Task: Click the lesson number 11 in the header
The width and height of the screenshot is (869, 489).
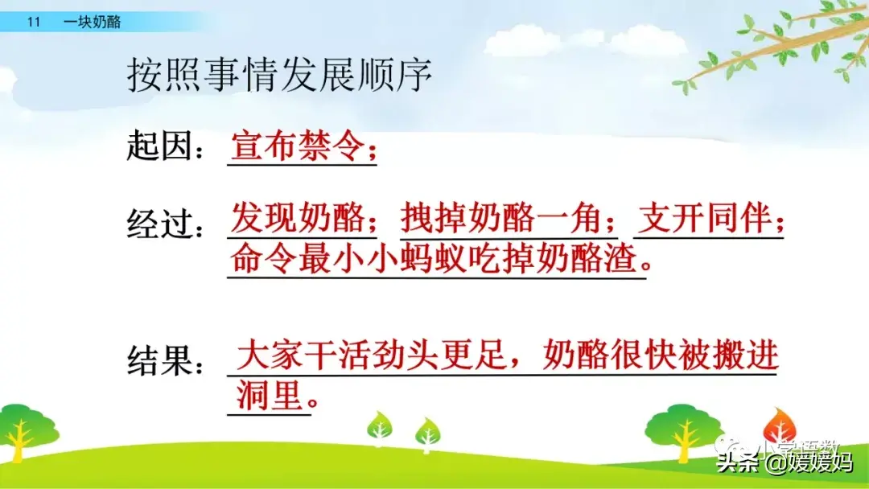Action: click(x=34, y=23)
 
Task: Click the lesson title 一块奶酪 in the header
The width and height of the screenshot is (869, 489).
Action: click(x=92, y=23)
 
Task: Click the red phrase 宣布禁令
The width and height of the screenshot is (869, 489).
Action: click(x=298, y=146)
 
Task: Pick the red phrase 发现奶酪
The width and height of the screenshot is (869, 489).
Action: click(x=298, y=218)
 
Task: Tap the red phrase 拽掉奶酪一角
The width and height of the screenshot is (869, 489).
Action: click(x=501, y=218)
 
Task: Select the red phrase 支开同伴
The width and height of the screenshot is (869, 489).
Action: click(x=705, y=218)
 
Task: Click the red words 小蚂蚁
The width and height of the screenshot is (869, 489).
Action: click(x=384, y=259)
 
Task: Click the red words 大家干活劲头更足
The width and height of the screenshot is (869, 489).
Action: click(x=371, y=355)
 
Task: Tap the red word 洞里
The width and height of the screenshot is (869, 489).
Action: click(x=270, y=396)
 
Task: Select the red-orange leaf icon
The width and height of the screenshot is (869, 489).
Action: click(x=779, y=425)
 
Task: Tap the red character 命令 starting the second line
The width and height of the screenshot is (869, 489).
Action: click(x=264, y=259)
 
